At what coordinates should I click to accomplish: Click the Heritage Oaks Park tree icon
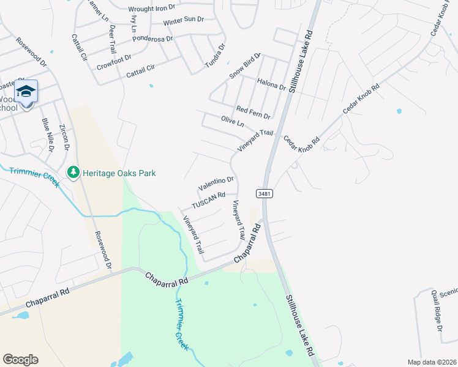[x=73, y=173]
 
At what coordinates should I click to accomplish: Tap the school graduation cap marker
[x=26, y=92]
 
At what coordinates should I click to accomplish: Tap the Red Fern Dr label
[x=253, y=111]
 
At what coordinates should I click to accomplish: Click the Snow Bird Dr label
[x=245, y=66]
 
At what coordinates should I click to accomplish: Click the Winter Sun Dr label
[x=183, y=21]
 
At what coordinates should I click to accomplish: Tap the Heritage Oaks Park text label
[x=119, y=173]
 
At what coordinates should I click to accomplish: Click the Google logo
[x=20, y=360]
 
